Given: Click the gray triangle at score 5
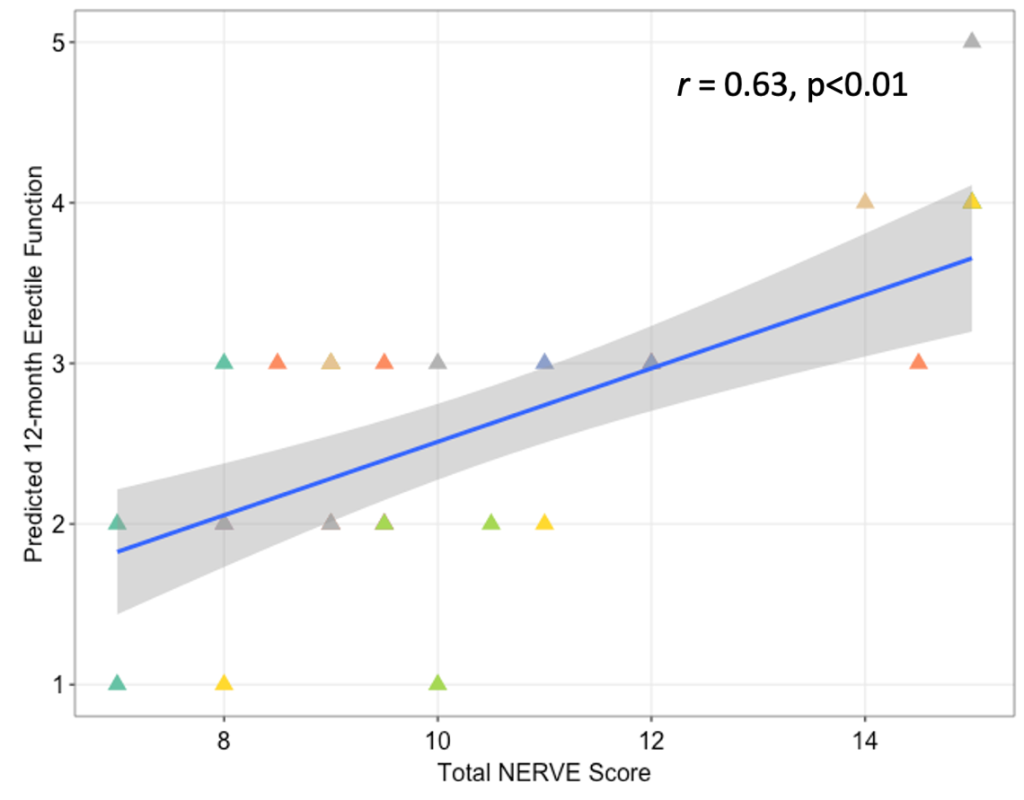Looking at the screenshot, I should click(971, 41).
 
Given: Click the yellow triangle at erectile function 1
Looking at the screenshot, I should click(224, 683).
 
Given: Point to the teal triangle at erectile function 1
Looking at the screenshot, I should click(117, 683).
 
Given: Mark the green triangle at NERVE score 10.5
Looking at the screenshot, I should click(490, 523).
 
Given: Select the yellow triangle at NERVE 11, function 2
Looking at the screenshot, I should click(544, 523).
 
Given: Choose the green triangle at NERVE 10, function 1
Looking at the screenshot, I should click(437, 683).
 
